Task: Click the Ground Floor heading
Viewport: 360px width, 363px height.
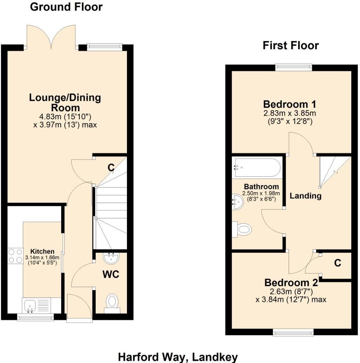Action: click(66, 7)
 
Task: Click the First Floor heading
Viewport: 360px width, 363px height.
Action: click(291, 45)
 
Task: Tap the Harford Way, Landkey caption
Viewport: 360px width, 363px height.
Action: click(178, 357)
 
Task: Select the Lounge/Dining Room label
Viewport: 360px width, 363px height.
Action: click(65, 102)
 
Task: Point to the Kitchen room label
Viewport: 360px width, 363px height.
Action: click(42, 251)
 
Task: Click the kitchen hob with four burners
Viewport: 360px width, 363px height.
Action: click(15, 255)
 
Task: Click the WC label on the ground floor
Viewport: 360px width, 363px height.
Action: click(111, 274)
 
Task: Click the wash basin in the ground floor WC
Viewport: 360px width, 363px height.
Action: click(112, 258)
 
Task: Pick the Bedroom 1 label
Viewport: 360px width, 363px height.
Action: click(290, 104)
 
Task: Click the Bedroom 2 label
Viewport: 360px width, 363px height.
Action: click(291, 283)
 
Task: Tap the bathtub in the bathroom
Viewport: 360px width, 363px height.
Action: click(257, 168)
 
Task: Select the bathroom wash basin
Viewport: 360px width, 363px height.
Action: click(238, 202)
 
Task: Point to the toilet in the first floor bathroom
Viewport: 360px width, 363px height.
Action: click(243, 230)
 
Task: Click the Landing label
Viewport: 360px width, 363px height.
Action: click(306, 196)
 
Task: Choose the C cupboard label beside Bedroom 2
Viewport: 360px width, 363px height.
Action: click(337, 263)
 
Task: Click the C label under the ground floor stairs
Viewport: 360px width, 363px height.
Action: click(111, 168)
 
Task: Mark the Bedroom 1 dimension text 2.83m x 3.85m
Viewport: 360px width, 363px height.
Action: click(290, 113)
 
